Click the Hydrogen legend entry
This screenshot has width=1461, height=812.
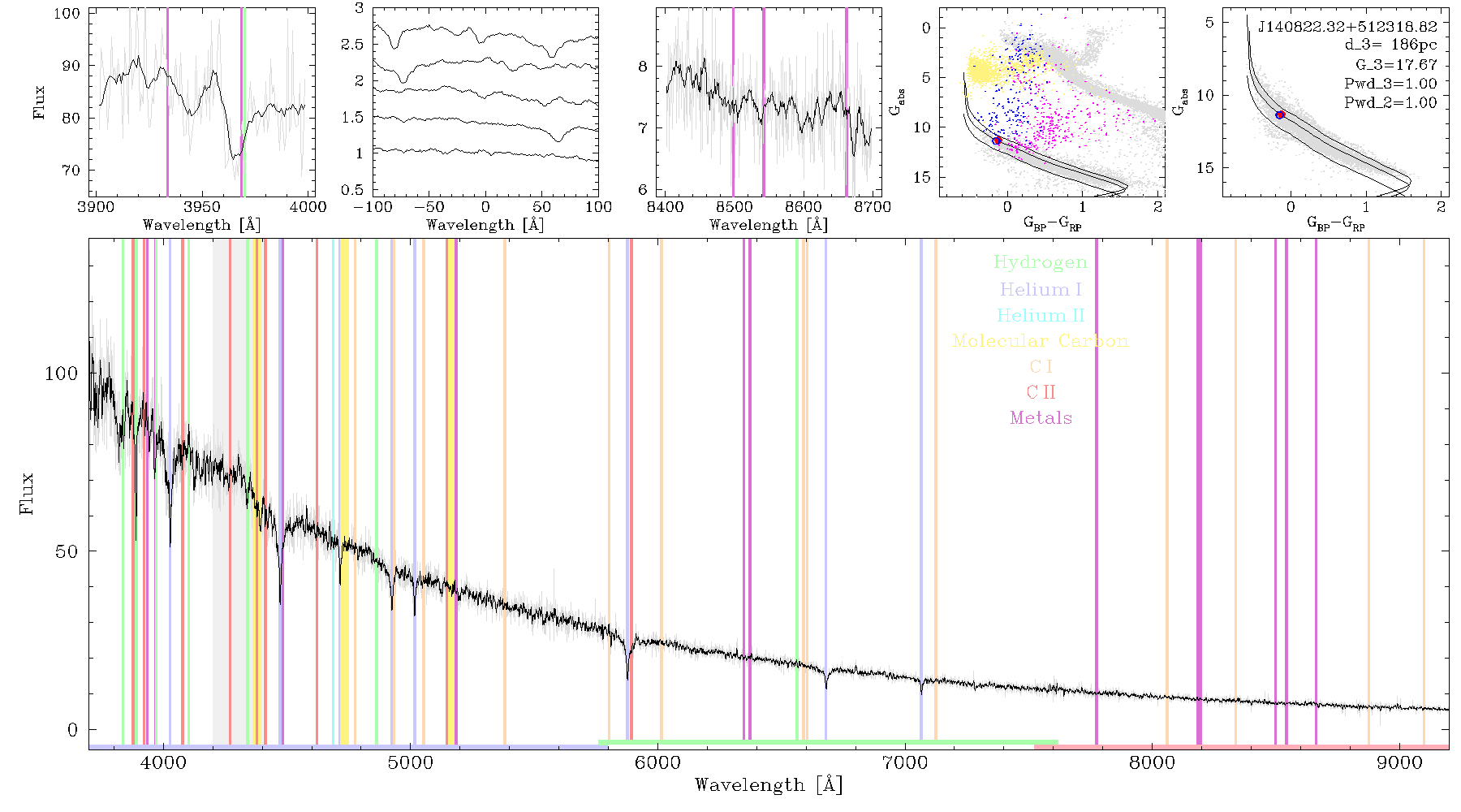pos(1040,262)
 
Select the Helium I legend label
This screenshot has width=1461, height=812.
pos(1041,289)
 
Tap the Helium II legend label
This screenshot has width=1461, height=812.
pos(1041,315)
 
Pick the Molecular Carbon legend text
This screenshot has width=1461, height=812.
pos(1041,341)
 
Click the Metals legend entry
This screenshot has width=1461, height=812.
pos(1041,418)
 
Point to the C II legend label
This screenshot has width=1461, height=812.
pos(1041,392)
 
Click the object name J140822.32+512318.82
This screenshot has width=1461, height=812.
pos(1347,26)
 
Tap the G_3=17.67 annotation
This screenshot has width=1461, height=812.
pos(1396,64)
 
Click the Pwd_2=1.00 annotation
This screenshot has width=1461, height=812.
pos(1390,103)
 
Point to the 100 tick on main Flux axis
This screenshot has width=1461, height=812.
pos(61,374)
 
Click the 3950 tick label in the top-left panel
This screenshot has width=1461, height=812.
pos(201,207)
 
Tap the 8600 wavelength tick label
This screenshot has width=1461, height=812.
pos(804,207)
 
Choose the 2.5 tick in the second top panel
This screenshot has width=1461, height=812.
pos(352,45)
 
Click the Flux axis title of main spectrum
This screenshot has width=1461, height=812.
pos(27,494)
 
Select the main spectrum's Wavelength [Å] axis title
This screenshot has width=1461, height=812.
pos(769,785)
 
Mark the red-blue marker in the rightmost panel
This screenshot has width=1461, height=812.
pos(1280,115)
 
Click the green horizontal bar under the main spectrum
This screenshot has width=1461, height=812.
pos(828,742)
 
